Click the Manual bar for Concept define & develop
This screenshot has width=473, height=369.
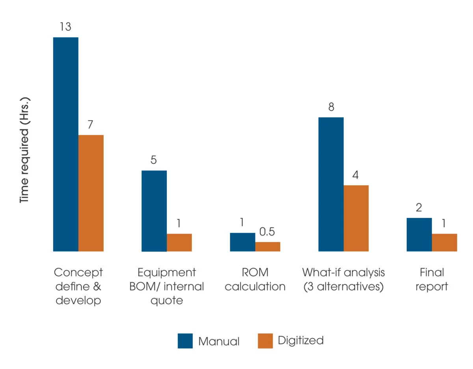(x=66, y=144)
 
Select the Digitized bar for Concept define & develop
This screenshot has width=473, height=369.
(x=91, y=193)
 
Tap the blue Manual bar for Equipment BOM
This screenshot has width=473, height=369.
(x=154, y=211)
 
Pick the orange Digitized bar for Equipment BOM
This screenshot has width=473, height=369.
(x=179, y=242)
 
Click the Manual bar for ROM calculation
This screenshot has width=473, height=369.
(x=242, y=242)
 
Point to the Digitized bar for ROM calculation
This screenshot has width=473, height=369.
(x=268, y=247)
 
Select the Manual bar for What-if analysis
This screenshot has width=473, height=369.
(x=331, y=184)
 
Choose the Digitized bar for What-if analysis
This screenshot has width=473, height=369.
(x=356, y=218)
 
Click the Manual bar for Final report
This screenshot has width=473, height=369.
(x=419, y=234)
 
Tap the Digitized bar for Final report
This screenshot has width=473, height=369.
(x=444, y=242)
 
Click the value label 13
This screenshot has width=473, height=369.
(x=66, y=27)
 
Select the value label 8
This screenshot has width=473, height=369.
(x=331, y=107)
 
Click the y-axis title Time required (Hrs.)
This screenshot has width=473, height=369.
(x=25, y=150)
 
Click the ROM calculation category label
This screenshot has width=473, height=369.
(x=255, y=279)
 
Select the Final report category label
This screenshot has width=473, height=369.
(x=432, y=279)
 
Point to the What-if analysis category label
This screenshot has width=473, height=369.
(x=343, y=279)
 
